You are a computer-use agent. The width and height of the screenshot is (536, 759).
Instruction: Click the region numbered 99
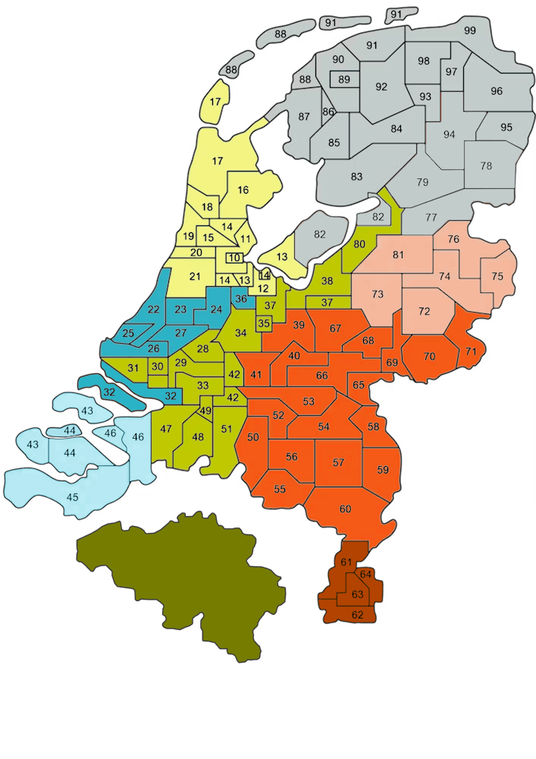tap(469, 30)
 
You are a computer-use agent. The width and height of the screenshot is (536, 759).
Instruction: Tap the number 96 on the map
tap(497, 91)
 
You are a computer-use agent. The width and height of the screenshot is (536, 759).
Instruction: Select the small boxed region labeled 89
tap(344, 79)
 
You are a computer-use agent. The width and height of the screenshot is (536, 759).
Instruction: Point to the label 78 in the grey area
tap(486, 165)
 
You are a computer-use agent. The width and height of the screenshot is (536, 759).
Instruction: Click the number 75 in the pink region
tap(497, 276)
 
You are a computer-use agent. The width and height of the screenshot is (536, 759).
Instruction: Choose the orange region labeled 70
tap(430, 356)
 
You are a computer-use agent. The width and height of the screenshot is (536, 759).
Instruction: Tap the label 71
tap(471, 351)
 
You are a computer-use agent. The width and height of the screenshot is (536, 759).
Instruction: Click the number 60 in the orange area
tap(345, 509)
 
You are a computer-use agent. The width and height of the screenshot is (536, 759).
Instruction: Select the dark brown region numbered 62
tap(357, 614)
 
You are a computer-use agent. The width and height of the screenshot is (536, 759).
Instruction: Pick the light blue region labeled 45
tap(73, 497)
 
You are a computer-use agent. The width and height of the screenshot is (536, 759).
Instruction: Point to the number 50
tap(253, 437)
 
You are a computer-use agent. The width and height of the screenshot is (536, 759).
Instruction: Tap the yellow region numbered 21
tap(195, 276)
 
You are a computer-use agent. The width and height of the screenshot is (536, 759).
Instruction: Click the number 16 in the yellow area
tap(243, 190)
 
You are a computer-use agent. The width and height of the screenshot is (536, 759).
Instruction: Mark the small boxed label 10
tap(234, 257)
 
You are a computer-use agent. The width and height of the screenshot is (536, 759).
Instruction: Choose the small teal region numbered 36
tap(241, 299)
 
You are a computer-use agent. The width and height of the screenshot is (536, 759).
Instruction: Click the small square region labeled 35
tap(264, 323)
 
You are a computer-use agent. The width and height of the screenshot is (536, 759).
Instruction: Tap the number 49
tap(205, 411)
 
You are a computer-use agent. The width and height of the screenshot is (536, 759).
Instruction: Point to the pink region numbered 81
tap(397, 254)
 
